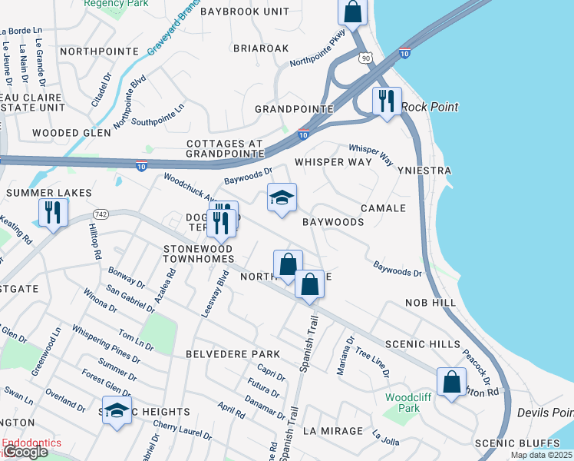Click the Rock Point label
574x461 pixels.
coord(430,107)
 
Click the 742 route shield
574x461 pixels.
coord(101,213)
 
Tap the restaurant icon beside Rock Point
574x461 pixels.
coord(386,101)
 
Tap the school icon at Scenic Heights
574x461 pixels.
coord(117,410)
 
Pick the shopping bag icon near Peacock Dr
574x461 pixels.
coord(451,381)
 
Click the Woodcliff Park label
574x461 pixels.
coord(403,403)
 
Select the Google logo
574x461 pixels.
coord(25,453)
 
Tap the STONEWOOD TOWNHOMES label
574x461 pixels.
coord(198,254)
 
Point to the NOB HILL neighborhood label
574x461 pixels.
coord(430,304)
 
